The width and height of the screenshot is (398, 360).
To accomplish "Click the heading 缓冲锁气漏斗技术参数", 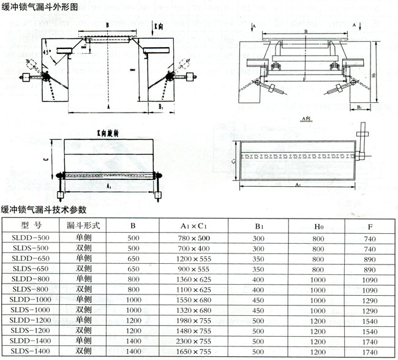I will coord(44,209).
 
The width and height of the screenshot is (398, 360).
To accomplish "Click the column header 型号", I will coord(31,225).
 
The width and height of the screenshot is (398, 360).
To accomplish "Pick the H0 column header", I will coord(318,225).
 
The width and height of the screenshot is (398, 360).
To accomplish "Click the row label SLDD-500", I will coord(30,238).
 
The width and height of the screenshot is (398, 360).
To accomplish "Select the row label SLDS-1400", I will coord(30,352).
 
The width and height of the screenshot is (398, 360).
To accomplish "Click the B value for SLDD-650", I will coord(133,258).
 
